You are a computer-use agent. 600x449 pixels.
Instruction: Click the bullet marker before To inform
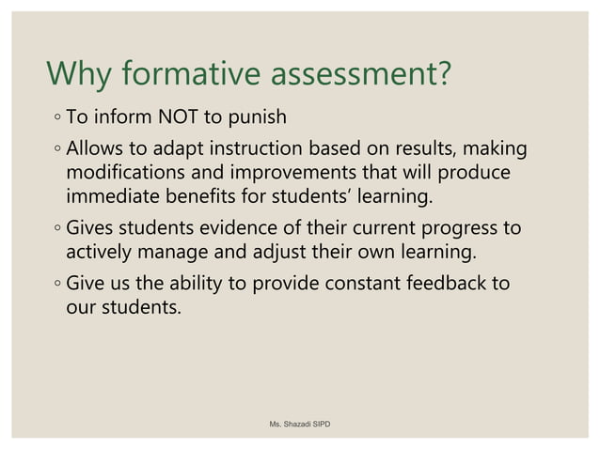click(57, 119)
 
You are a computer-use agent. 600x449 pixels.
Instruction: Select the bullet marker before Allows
click(57, 150)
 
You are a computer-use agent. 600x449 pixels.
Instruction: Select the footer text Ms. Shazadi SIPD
click(300, 425)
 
